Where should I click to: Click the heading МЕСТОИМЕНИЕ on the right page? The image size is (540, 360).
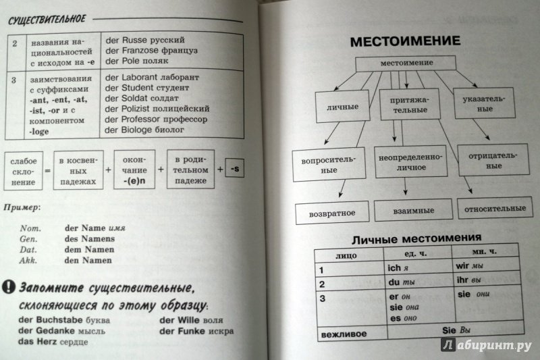pos(405,41)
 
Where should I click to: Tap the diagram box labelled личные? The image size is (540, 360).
pos(343,107)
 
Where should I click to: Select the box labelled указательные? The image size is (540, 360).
pos(484,103)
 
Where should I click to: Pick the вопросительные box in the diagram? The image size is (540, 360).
pos(329,165)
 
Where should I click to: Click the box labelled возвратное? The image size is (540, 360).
pos(332,213)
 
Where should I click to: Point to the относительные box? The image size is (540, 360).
pos(495,208)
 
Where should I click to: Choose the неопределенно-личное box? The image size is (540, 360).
pos(410,162)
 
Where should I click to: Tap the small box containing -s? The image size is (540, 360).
pos(234,168)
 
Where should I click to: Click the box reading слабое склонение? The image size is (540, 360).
pos(24,171)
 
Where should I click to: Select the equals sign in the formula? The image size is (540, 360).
pos(48,171)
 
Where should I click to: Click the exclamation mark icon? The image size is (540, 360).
pos(8,286)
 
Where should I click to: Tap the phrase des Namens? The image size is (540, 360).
pos(90,238)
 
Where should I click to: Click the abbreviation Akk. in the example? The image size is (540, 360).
pos(28,260)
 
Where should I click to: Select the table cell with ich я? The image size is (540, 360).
pos(418,267)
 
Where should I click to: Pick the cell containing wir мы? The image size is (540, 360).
pos(485,265)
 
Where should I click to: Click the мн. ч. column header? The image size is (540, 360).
pos(484,251)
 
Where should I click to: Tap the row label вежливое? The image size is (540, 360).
pos(344,334)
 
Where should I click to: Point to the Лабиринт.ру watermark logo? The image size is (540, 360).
pos(486,344)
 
